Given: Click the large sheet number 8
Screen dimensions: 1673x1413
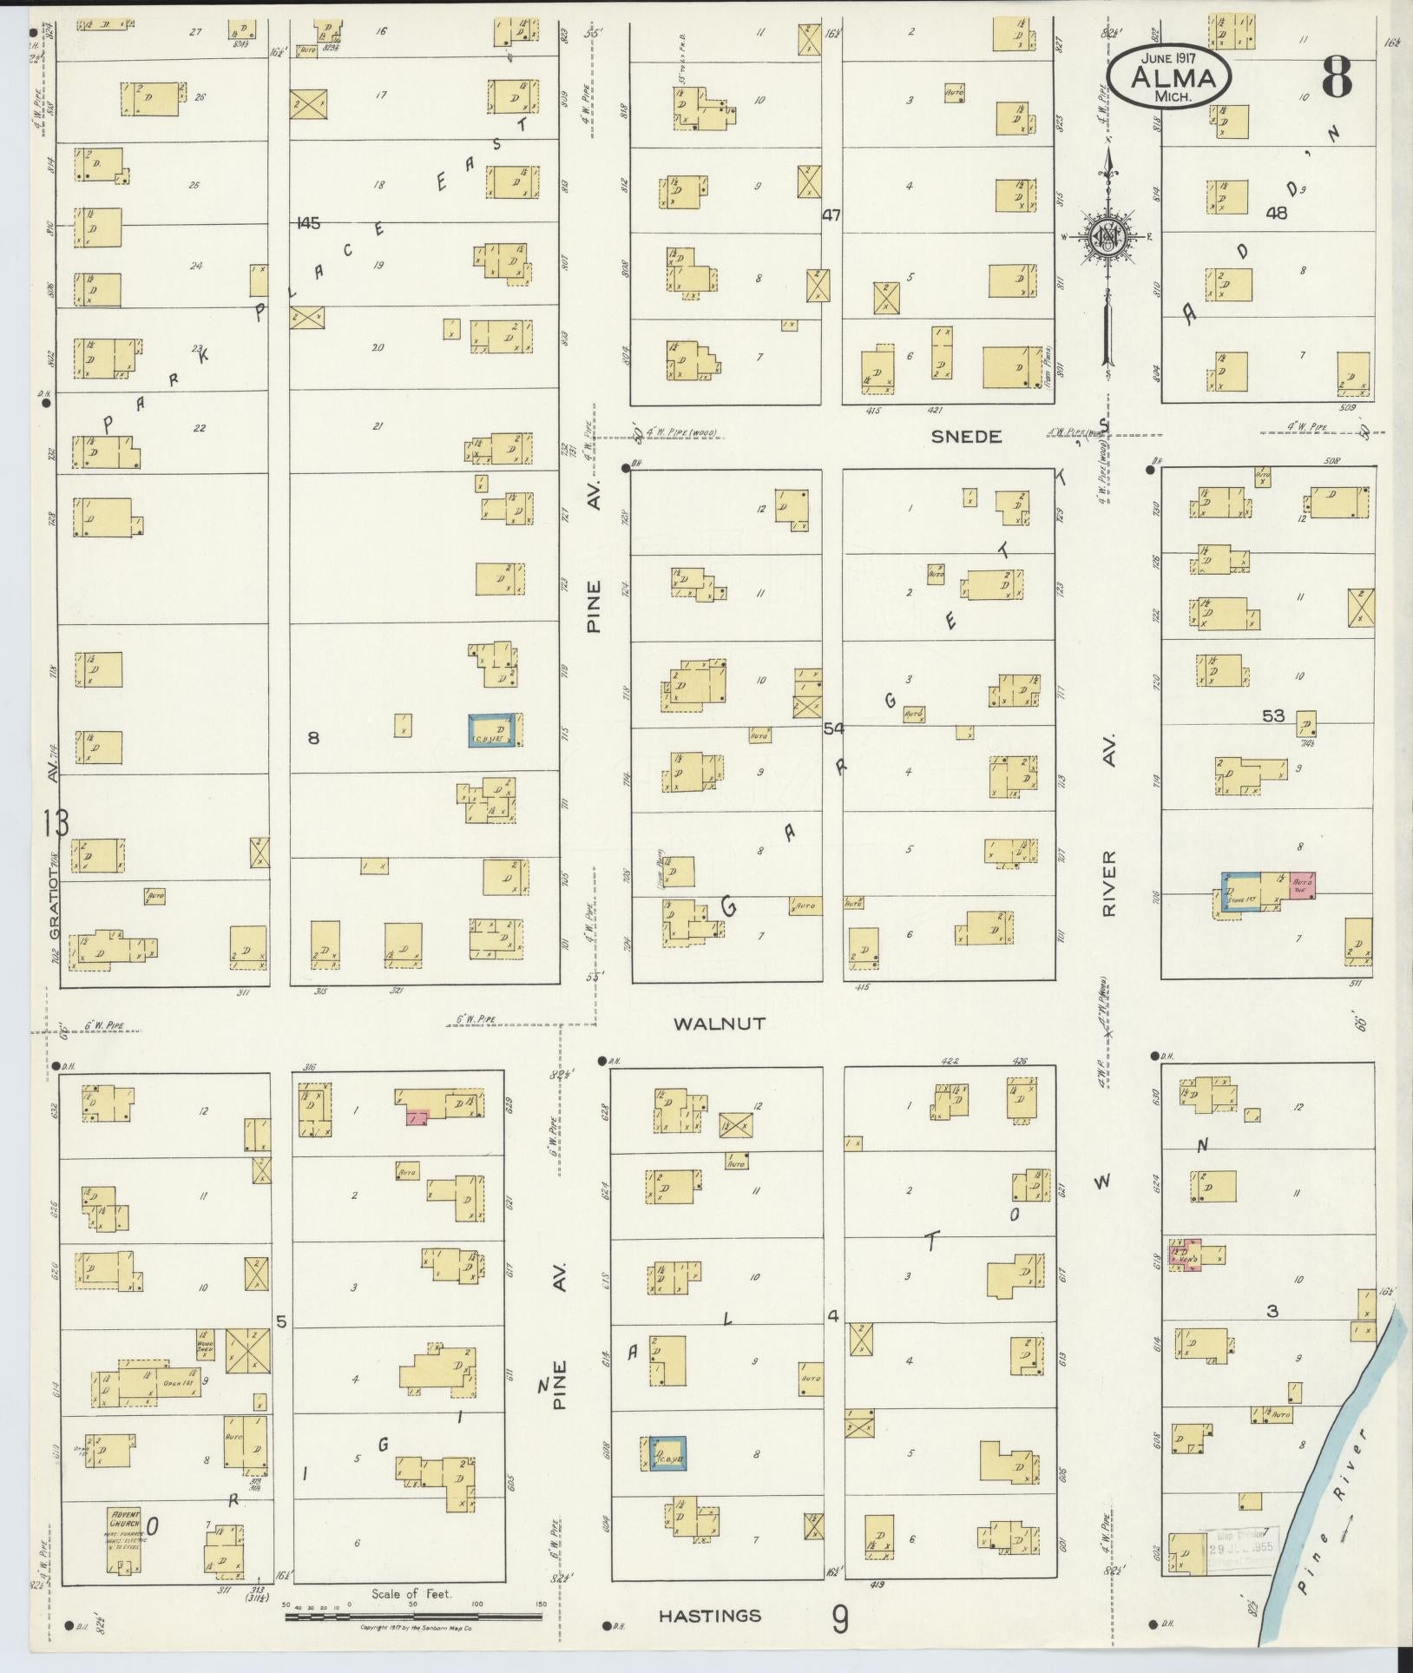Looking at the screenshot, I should (1337, 77).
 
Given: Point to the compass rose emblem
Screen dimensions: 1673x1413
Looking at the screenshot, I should (1108, 234).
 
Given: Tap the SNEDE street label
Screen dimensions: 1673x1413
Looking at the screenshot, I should (966, 437).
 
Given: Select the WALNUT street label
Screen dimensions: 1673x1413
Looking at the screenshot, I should (720, 1024).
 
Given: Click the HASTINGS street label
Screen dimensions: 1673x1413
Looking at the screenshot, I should (709, 1616).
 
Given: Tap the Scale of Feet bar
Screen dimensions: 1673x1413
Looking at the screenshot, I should (413, 1617).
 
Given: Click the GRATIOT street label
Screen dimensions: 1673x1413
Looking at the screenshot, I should (55, 908).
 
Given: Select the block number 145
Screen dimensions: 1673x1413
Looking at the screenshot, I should (307, 223).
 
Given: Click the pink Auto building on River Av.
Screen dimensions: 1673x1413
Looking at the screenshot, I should (1301, 885).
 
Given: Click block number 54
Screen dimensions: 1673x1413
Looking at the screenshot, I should (834, 728).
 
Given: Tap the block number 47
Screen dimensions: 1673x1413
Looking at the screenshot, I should (831, 216).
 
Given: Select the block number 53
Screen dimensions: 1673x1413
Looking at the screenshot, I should (1273, 715).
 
